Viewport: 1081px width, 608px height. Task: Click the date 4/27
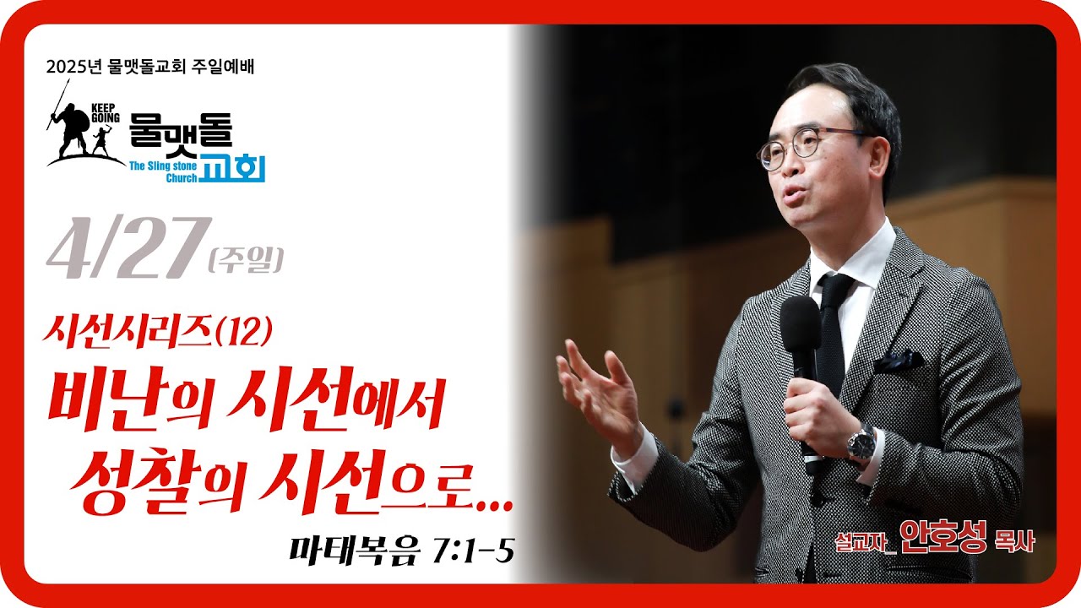point(129,248)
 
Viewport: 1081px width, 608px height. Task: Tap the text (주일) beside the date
point(246,260)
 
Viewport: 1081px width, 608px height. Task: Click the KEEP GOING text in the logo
point(106,112)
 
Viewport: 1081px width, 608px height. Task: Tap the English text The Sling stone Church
point(164,172)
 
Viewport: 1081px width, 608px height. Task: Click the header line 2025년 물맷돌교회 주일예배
point(150,67)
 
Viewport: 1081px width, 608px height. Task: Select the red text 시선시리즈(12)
point(157,332)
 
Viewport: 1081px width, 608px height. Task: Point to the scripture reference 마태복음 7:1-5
point(401,551)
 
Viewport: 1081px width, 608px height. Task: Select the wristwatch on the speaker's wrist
point(861,443)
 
